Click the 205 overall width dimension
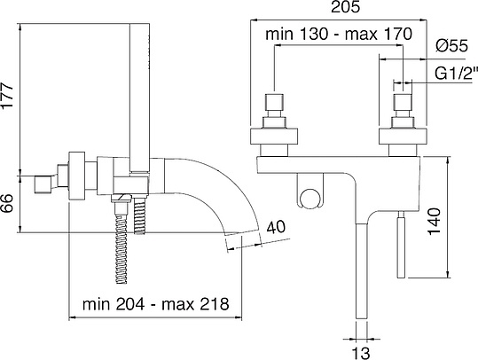point(345,7)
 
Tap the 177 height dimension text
point(7,95)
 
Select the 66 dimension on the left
point(7,204)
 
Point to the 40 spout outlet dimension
point(276,227)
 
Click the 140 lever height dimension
point(435,222)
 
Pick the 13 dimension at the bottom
point(361,353)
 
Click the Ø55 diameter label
point(451,46)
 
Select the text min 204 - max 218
point(155,304)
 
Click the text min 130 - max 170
point(339,34)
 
